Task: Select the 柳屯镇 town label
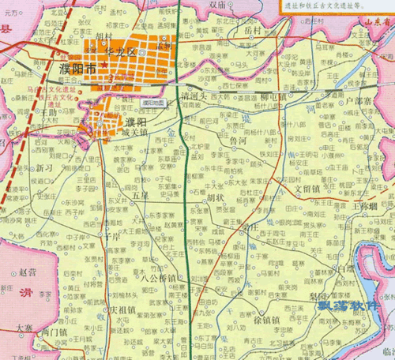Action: (274, 96)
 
